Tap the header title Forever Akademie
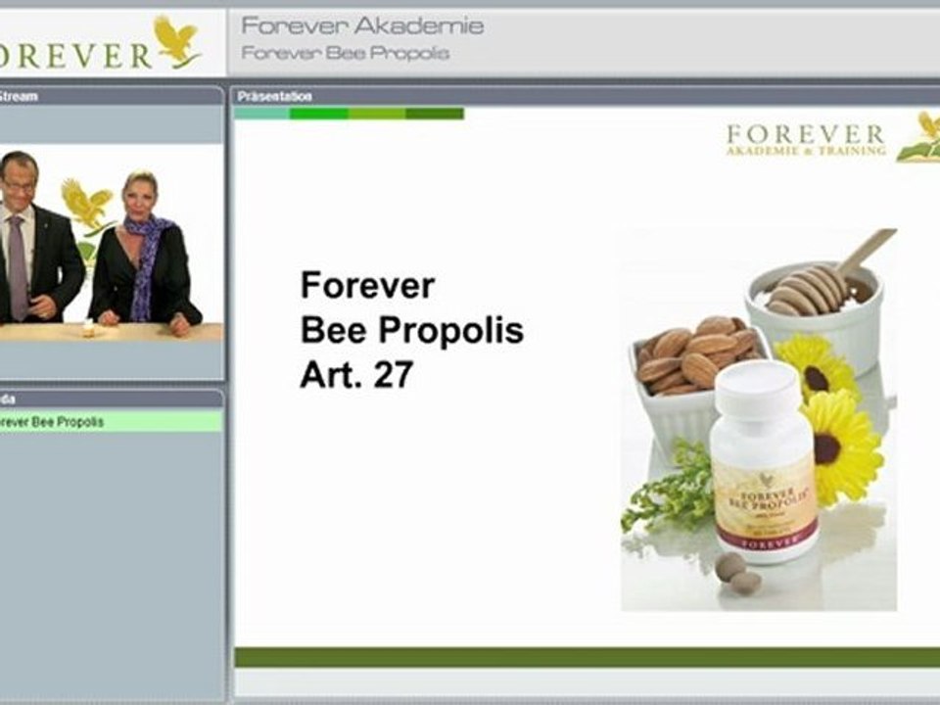[x=362, y=25]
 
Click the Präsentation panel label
[x=275, y=96]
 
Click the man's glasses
[x=20, y=185]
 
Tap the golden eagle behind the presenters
[x=86, y=205]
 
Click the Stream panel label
[x=18, y=96]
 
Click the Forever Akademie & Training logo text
[x=805, y=139]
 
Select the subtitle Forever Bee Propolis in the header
[x=345, y=53]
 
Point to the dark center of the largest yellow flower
[x=828, y=448]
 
